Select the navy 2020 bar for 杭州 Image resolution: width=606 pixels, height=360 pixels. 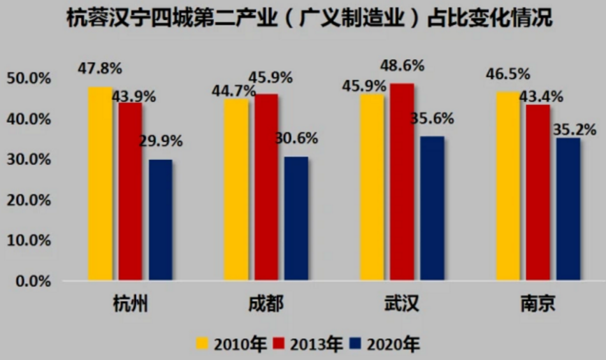(160, 219)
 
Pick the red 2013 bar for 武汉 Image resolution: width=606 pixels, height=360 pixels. (401, 182)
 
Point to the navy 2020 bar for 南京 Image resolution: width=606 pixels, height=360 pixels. (568, 208)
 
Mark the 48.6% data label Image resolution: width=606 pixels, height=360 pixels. (402, 65)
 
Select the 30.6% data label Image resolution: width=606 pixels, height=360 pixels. (297, 138)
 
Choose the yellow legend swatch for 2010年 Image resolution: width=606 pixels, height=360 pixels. (203, 344)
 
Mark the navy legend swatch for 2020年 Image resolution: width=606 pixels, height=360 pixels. (356, 344)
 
